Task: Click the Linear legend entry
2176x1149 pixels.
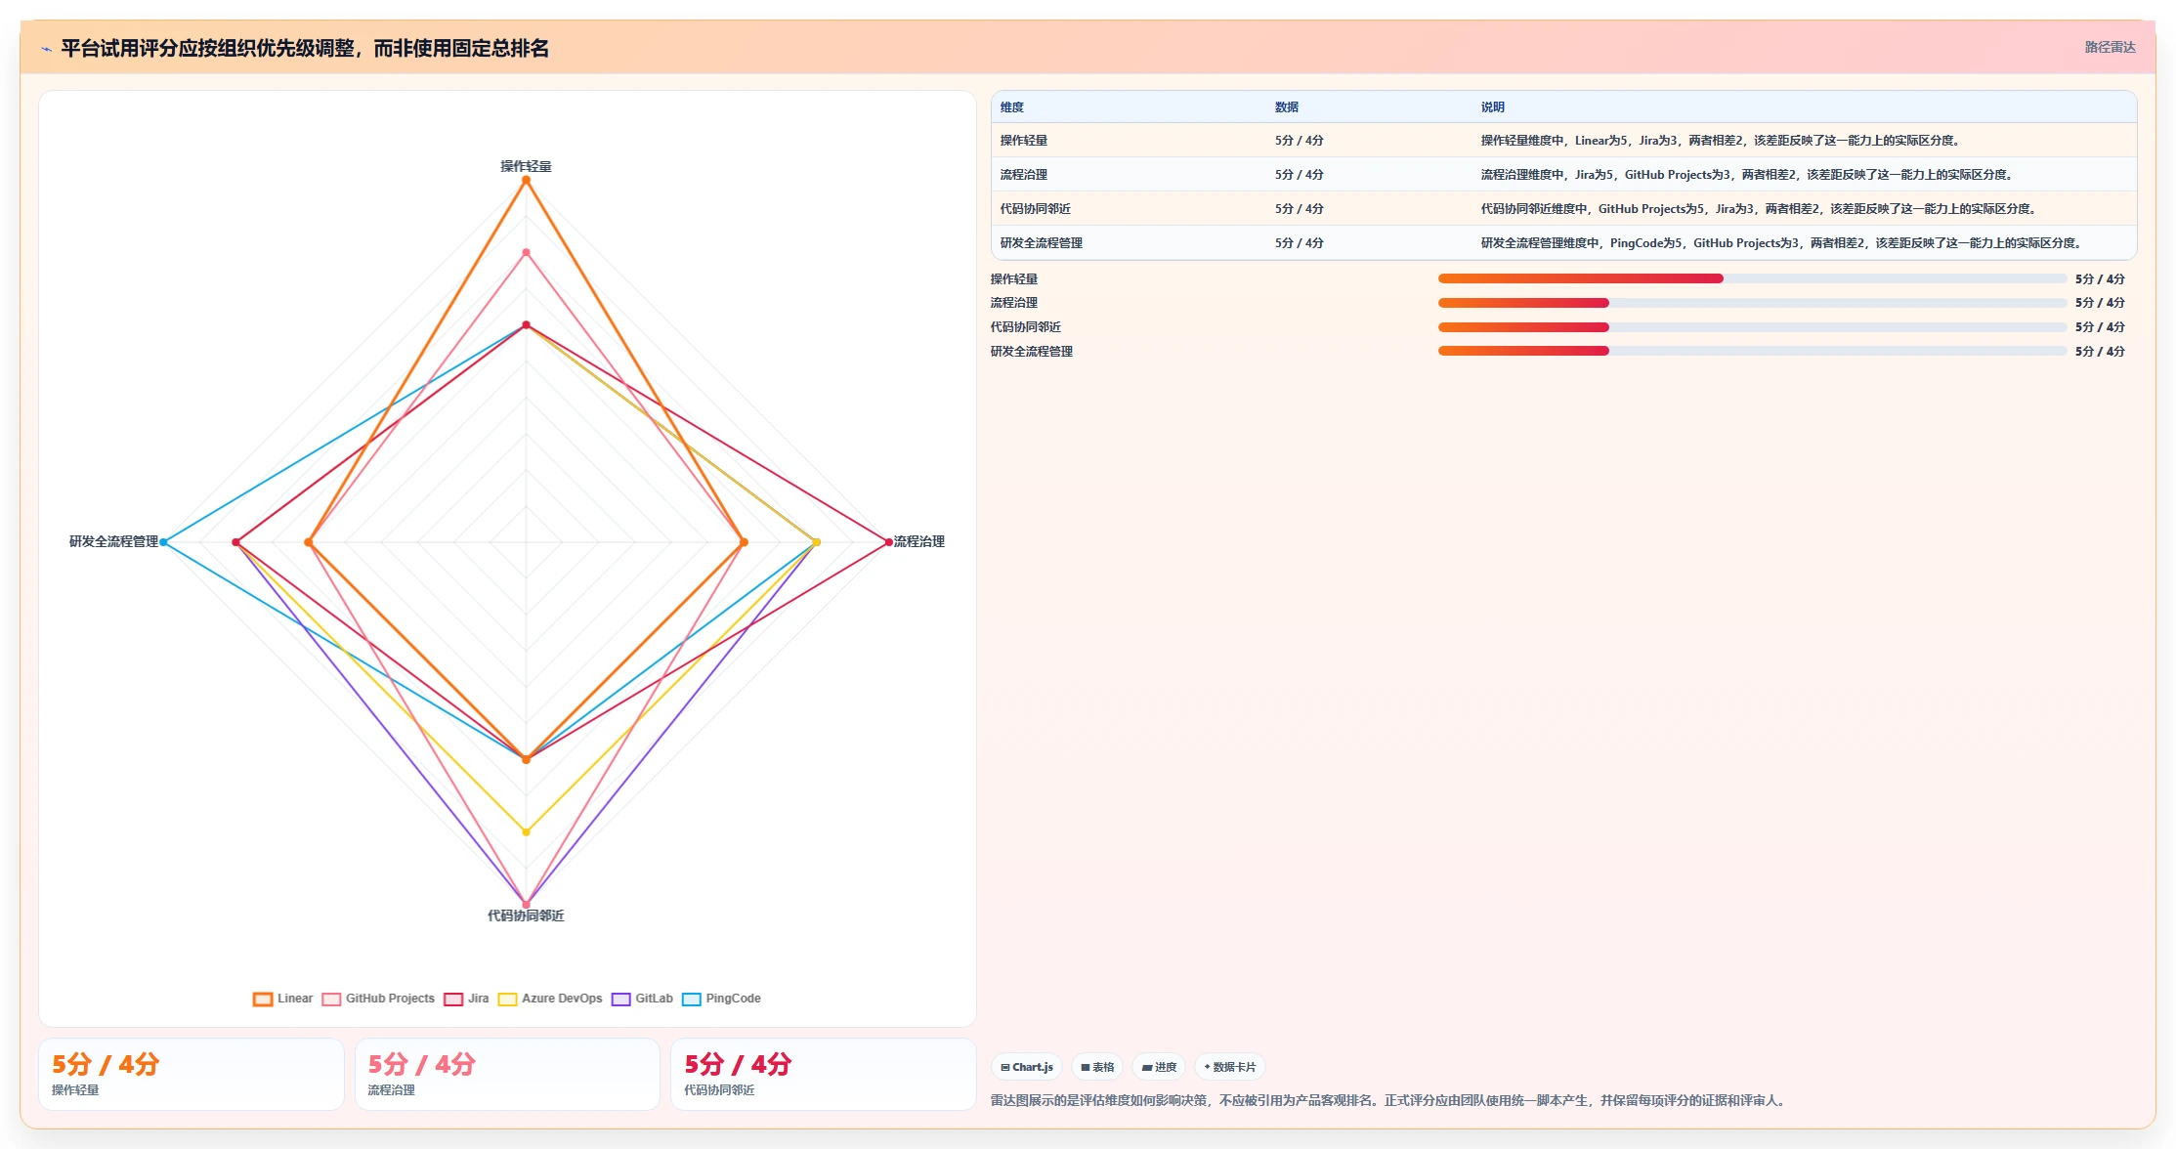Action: [283, 999]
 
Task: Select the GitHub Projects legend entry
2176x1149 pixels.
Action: [378, 999]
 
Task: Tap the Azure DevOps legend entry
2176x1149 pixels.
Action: [550, 999]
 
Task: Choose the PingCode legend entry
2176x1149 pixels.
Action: [721, 999]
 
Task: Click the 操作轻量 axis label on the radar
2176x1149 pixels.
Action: [526, 166]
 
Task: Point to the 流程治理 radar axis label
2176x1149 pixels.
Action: [918, 541]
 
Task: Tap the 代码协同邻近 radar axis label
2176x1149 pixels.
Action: [526, 915]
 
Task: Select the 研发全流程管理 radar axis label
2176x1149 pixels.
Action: [113, 541]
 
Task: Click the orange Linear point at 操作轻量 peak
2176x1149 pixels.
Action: [526, 180]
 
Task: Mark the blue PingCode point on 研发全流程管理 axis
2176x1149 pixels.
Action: [163, 542]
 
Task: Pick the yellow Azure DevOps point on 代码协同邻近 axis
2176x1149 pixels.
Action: [526, 832]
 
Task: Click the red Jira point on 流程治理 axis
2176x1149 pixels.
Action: [888, 542]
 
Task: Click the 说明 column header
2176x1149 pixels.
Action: [1492, 107]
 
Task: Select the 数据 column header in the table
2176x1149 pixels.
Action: [1287, 107]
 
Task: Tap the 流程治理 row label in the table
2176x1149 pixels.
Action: [1023, 175]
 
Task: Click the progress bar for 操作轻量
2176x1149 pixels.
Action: [1752, 278]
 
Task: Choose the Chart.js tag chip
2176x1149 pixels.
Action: [1027, 1067]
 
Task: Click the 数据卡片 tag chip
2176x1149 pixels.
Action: [1230, 1067]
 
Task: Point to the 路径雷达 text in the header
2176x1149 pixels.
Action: [2110, 47]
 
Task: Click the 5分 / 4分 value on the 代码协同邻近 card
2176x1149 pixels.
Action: [738, 1064]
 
